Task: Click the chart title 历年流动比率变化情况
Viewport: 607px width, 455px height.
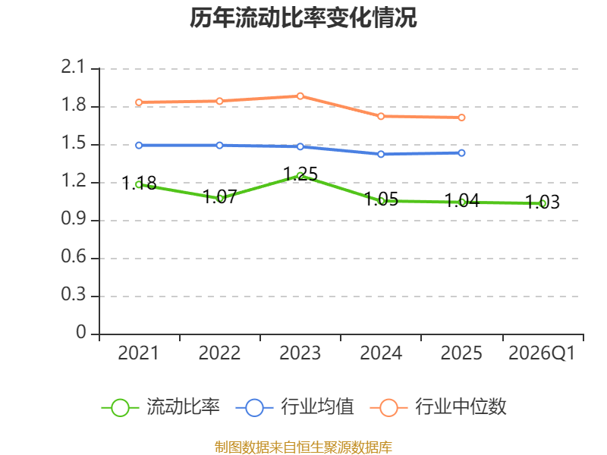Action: pyautogui.click(x=303, y=17)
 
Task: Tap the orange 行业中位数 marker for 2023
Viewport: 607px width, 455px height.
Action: pyautogui.click(x=300, y=96)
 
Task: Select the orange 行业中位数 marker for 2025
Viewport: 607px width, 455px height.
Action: pyautogui.click(x=461, y=118)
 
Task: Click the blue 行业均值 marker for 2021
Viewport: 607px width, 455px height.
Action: pyautogui.click(x=139, y=146)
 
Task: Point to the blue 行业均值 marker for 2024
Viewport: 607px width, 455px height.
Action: pyautogui.click(x=381, y=155)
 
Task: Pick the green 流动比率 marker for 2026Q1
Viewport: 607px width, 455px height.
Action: pyautogui.click(x=543, y=203)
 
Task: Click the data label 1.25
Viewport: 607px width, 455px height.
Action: pyautogui.click(x=300, y=174)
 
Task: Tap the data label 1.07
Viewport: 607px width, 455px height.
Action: pyautogui.click(x=219, y=196)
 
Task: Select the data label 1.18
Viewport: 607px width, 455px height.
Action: pyautogui.click(x=139, y=183)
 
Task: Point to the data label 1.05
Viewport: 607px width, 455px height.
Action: pyautogui.click(x=382, y=199)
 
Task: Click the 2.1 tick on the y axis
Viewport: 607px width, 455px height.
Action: pyautogui.click(x=73, y=67)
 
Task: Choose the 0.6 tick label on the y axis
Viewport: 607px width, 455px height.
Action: pyautogui.click(x=74, y=256)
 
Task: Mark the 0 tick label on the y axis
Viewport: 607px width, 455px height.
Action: pyautogui.click(x=81, y=332)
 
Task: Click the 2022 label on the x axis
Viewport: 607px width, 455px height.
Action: pyautogui.click(x=219, y=353)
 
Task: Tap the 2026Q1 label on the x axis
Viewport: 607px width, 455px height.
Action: pyautogui.click(x=542, y=353)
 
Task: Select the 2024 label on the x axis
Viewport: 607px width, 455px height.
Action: pyautogui.click(x=381, y=353)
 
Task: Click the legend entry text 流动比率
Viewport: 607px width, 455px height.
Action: pyautogui.click(x=183, y=407)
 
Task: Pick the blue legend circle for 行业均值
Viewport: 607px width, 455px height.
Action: pyautogui.click(x=254, y=408)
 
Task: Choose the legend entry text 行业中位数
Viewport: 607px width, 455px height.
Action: pyautogui.click(x=461, y=407)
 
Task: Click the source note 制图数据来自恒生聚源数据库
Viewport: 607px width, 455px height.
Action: pyautogui.click(x=303, y=447)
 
